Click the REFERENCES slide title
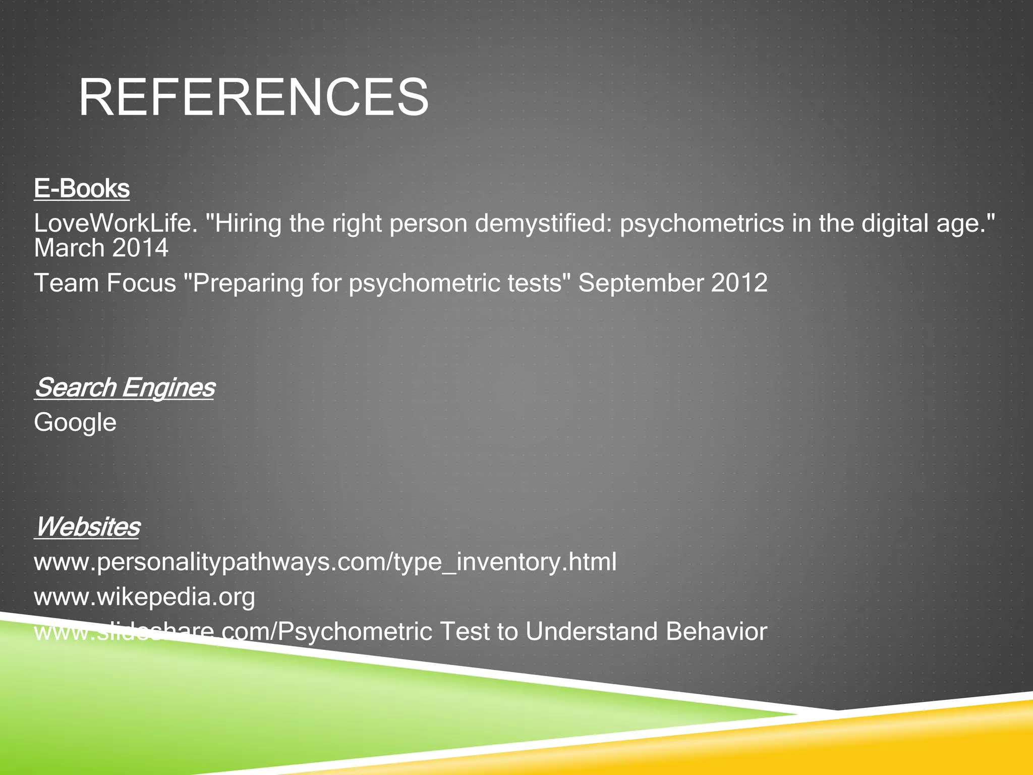[x=254, y=97]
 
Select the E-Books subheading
[x=82, y=189]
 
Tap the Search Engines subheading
[x=124, y=387]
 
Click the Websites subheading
[x=87, y=527]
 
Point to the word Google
[x=75, y=422]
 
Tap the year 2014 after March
[x=140, y=248]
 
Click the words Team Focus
[x=105, y=283]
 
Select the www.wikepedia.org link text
[x=144, y=597]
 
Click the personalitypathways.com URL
[x=325, y=562]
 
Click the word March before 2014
[x=69, y=248]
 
